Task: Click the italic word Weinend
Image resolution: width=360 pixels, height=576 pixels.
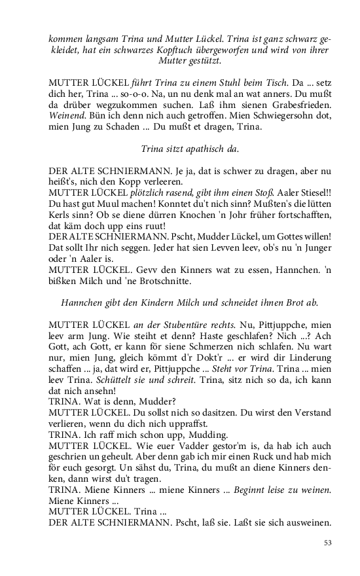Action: point(67,116)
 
